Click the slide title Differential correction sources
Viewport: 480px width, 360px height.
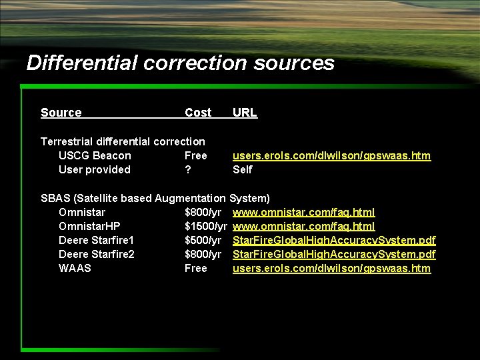(x=180, y=63)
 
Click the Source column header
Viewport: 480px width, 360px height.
(x=61, y=113)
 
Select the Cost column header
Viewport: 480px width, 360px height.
(x=198, y=113)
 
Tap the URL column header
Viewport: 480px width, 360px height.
(x=245, y=113)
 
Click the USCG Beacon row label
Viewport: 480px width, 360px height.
(x=95, y=155)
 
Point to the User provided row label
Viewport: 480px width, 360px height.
(x=95, y=169)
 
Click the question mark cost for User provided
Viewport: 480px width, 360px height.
(x=188, y=169)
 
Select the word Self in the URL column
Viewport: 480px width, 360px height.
(x=243, y=169)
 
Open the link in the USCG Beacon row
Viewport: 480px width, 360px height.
(x=331, y=155)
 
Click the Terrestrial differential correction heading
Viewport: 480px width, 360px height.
(x=123, y=141)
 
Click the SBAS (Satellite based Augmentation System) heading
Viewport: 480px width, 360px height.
(x=155, y=198)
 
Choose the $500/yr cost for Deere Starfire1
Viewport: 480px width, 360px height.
(x=203, y=240)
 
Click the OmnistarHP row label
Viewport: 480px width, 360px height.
(x=89, y=226)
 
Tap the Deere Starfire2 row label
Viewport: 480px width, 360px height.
(x=97, y=254)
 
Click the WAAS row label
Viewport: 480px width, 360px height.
(x=75, y=268)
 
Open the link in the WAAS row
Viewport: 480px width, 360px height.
(x=331, y=268)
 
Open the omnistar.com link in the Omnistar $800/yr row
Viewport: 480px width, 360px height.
(x=303, y=212)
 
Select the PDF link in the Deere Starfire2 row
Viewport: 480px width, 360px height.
(x=334, y=254)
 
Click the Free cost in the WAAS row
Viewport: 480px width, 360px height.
(x=196, y=268)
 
